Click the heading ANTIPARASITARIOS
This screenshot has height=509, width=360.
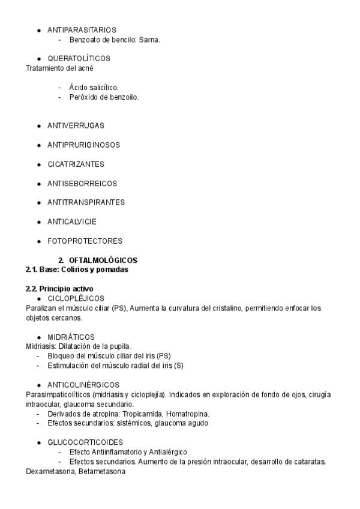click(x=82, y=29)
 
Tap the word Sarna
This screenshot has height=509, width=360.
click(x=150, y=40)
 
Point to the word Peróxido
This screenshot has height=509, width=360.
click(x=84, y=97)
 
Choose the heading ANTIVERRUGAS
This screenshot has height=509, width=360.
click(x=76, y=125)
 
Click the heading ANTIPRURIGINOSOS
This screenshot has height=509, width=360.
click(x=83, y=145)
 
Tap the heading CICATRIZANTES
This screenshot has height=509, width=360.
click(x=76, y=164)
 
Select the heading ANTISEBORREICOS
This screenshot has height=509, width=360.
click(x=82, y=183)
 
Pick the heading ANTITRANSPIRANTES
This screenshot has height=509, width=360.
click(x=86, y=202)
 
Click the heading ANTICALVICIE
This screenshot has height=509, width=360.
click(x=72, y=221)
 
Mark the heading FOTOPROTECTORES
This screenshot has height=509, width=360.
click(x=85, y=241)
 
